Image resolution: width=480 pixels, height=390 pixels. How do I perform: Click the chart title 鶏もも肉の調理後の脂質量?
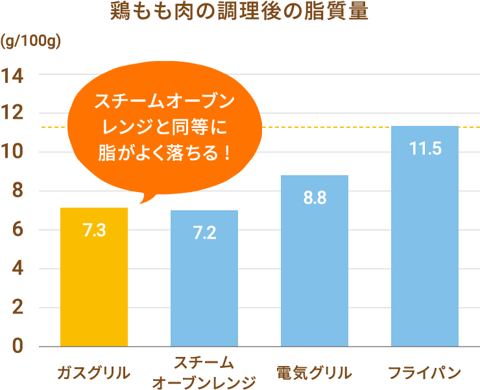tap(240, 13)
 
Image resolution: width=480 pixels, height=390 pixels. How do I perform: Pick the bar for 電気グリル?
tap(315, 266)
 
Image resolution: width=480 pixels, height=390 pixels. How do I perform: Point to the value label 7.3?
tap(94, 230)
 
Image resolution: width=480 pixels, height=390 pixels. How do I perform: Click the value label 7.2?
tap(204, 233)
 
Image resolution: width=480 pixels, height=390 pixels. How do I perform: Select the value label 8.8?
tap(315, 198)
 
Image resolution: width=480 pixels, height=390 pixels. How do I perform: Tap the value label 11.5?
tap(425, 149)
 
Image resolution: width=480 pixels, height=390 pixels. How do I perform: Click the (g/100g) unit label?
tap(30, 43)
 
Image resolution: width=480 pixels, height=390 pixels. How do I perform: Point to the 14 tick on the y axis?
tap(12, 75)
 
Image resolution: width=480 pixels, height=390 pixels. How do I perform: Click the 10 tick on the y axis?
tap(12, 153)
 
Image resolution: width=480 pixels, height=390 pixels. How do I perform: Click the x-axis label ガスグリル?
tap(94, 373)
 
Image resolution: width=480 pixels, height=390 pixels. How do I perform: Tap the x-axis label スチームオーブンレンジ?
tap(204, 373)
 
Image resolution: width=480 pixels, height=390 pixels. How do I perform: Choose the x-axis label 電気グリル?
tap(315, 373)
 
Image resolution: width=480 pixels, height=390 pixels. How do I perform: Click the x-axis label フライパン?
tap(425, 373)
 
